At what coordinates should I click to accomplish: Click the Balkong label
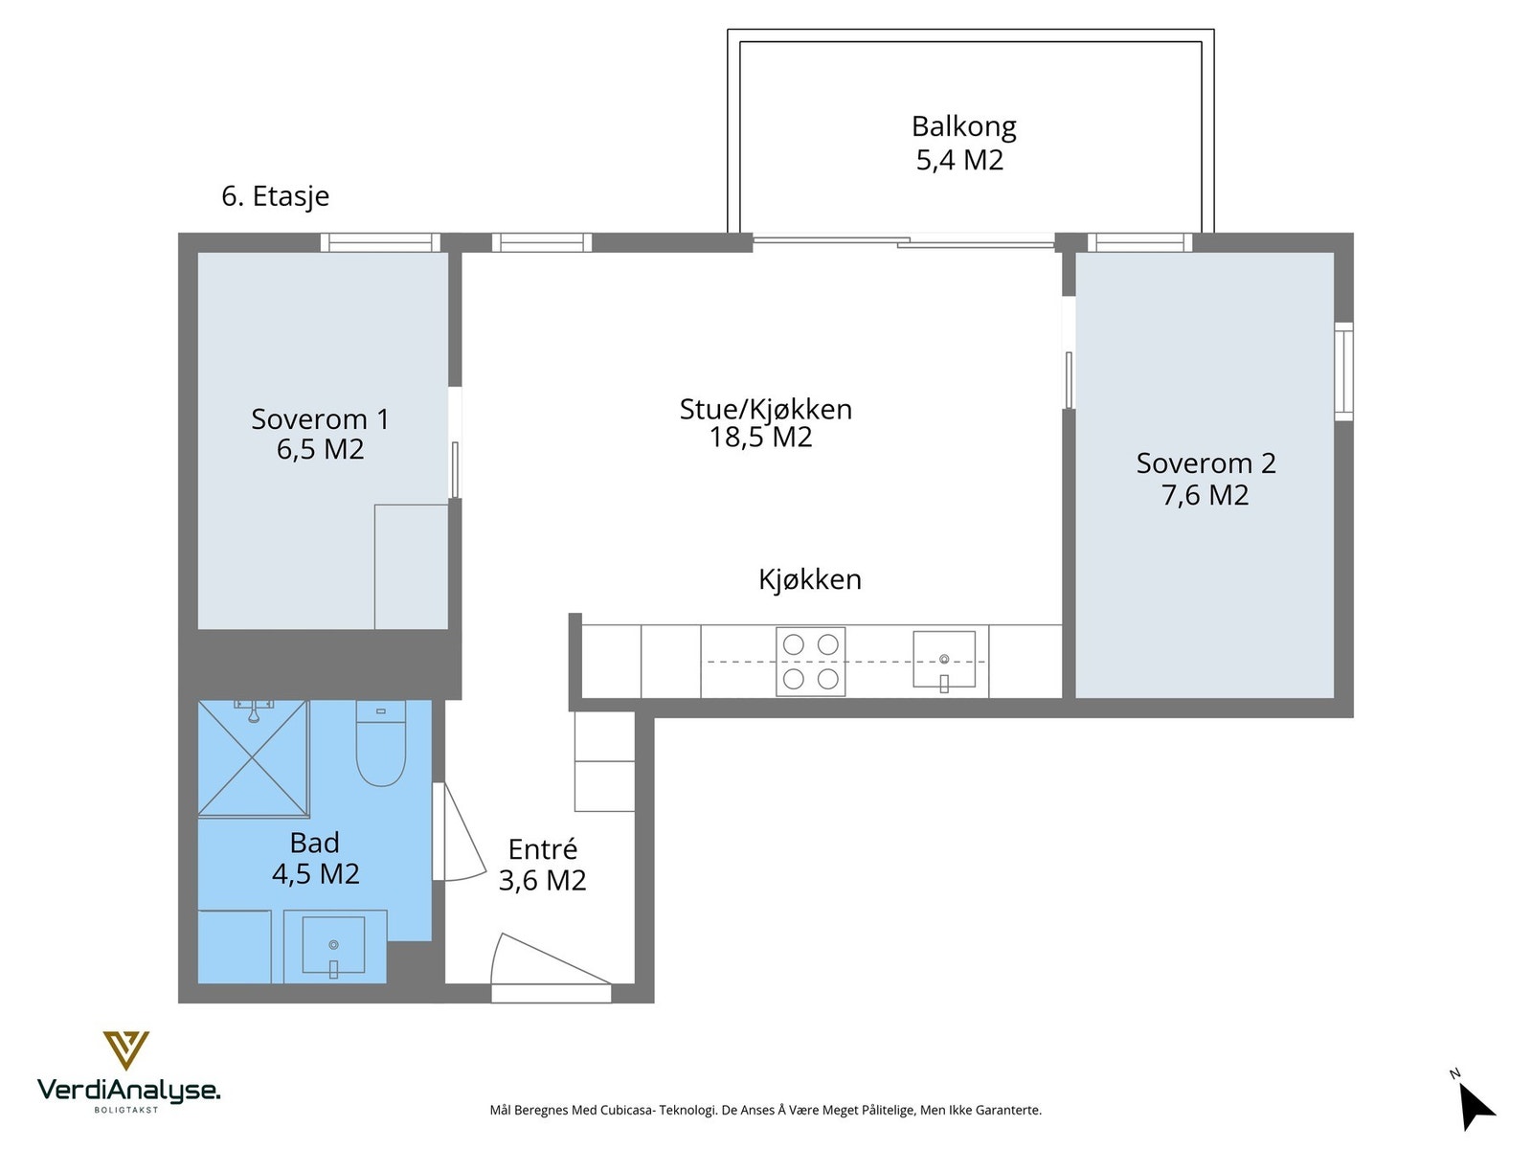click(x=963, y=127)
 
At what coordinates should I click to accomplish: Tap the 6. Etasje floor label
click(x=275, y=196)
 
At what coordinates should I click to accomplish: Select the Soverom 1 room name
click(x=320, y=419)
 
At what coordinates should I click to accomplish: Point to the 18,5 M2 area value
click(x=761, y=438)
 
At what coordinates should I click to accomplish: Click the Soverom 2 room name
click(x=1205, y=463)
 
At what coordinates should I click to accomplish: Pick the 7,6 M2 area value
click(x=1205, y=495)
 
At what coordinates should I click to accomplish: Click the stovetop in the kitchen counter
click(x=810, y=662)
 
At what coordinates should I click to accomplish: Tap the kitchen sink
click(x=944, y=660)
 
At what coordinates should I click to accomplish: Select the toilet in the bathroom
click(x=380, y=742)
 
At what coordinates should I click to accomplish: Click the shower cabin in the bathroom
click(x=254, y=757)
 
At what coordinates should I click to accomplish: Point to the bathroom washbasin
click(x=333, y=944)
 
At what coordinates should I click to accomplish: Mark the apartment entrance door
click(x=551, y=967)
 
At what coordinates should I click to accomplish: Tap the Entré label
click(x=542, y=849)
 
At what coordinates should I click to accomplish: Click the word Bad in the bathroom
click(x=315, y=843)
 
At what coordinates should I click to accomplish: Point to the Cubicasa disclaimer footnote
click(x=766, y=1110)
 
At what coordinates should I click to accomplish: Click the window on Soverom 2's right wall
click(x=1343, y=372)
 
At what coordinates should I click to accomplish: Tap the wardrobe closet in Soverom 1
click(x=411, y=567)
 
